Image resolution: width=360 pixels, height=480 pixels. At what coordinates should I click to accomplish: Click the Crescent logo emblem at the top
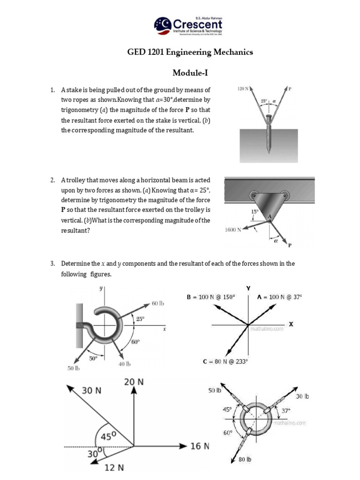point(163,25)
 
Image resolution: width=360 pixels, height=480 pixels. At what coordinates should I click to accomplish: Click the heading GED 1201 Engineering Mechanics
point(190,52)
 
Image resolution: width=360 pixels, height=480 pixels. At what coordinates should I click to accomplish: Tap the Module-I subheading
point(190,73)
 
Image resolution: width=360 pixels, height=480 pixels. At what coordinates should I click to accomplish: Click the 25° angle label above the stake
point(265,101)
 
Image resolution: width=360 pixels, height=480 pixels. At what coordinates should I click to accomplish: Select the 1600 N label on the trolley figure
point(233,230)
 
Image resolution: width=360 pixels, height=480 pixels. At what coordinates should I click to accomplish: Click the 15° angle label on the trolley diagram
point(255,211)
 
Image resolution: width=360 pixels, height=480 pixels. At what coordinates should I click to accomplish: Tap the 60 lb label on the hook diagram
point(158,304)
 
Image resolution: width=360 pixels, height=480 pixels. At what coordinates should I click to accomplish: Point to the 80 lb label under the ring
point(245,459)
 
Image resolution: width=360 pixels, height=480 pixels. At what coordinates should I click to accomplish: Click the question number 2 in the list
point(53,180)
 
